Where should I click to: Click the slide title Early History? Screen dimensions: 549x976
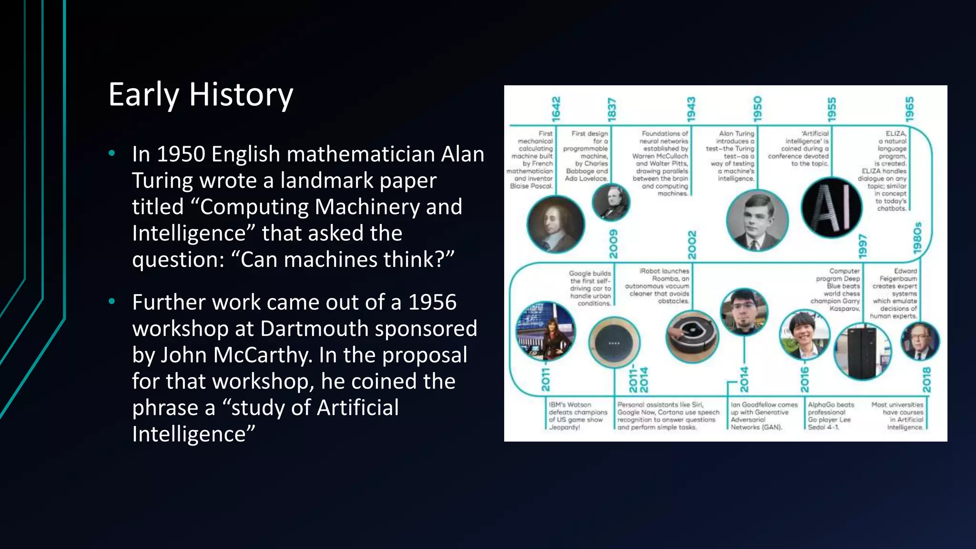201,94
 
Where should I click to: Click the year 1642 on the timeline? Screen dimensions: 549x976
556,109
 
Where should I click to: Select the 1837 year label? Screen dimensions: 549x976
612,109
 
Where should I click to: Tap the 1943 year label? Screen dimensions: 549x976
691,109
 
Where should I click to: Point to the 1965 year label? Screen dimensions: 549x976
909,109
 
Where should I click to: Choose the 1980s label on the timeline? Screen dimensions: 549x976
917,238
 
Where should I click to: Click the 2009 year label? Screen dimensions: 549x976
613,244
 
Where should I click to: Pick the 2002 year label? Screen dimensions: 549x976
692,244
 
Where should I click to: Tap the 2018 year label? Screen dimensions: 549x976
926,380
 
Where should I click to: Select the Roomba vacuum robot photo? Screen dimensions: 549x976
692,336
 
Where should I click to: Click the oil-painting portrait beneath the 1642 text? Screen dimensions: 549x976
556,224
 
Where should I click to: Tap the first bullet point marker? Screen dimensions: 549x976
112,153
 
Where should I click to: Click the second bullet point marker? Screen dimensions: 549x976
112,302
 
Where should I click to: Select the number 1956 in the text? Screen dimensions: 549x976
432,302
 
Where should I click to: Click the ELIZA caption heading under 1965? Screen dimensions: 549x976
895,134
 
